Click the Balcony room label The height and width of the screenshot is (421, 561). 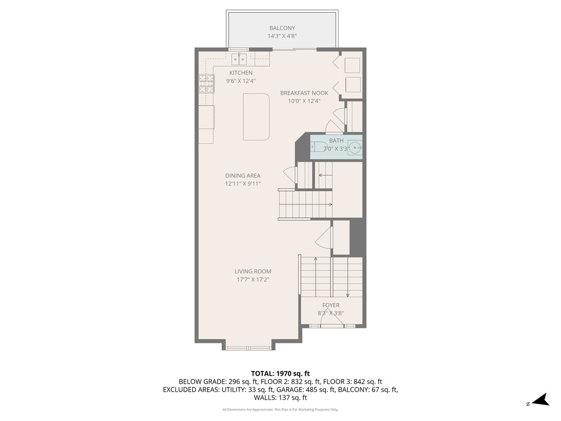point(282,28)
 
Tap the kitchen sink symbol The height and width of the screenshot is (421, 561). point(240,59)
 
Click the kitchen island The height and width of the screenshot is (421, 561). point(256,116)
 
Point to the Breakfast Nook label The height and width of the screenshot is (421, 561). point(304,93)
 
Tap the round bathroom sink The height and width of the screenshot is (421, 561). point(355,148)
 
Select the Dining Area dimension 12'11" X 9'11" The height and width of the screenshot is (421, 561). point(243,184)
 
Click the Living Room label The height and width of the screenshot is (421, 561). point(253,271)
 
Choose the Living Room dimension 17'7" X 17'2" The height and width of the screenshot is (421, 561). point(253,280)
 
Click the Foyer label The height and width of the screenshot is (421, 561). point(331,305)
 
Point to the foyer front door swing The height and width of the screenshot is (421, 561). point(331,319)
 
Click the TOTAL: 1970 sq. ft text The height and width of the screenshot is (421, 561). point(280,373)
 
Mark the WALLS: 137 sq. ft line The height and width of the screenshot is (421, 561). point(280,398)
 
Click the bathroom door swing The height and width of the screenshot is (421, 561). point(333,126)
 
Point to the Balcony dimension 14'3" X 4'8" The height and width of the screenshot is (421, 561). point(282,36)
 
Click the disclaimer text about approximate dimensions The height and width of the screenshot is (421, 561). point(280,410)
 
